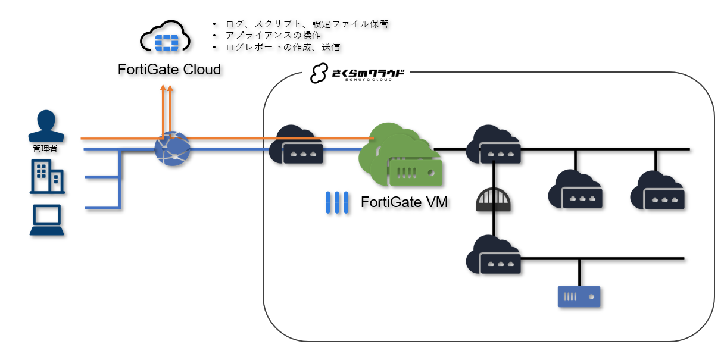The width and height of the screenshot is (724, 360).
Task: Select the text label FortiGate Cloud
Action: tap(169, 70)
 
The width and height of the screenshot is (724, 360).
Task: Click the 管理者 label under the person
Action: tap(45, 149)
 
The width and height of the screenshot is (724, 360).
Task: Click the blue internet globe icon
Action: tap(172, 149)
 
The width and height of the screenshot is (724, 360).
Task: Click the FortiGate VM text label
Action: tap(404, 202)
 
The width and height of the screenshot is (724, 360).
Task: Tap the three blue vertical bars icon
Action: tap(336, 203)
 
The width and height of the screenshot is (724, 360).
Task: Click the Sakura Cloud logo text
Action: tap(358, 74)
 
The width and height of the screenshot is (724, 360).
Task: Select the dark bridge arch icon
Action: tap(494, 200)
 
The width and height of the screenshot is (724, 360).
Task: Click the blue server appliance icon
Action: tap(579, 296)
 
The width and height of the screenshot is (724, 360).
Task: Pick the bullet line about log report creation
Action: tap(282, 46)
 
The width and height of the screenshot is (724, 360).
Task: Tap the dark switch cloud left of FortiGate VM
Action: tap(297, 146)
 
